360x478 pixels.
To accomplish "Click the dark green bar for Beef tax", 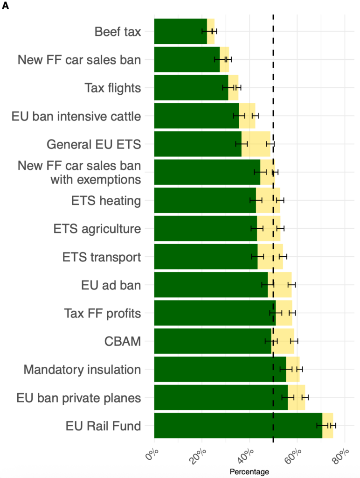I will click(x=180, y=31).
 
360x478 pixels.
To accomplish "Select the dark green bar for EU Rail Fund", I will click(x=238, y=425).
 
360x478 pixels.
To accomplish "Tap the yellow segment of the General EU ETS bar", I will click(x=256, y=144).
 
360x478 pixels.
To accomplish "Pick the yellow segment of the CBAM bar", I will click(x=283, y=341).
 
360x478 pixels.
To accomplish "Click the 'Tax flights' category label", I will click(x=112, y=88).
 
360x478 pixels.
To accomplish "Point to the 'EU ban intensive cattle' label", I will click(x=76, y=116).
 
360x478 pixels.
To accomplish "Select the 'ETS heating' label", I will click(x=106, y=201).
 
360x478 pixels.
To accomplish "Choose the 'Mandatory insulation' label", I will click(x=82, y=370).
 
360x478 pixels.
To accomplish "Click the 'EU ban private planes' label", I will click(x=78, y=398).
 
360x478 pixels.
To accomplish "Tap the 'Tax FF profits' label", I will click(x=102, y=313).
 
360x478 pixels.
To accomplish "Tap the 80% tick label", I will click(x=341, y=453).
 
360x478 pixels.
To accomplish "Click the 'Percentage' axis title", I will click(x=249, y=471).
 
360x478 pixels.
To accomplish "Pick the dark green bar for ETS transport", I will click(x=206, y=256).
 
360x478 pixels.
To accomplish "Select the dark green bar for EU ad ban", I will click(x=211, y=284).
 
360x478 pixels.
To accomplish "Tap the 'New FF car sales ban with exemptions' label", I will click(x=79, y=172).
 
